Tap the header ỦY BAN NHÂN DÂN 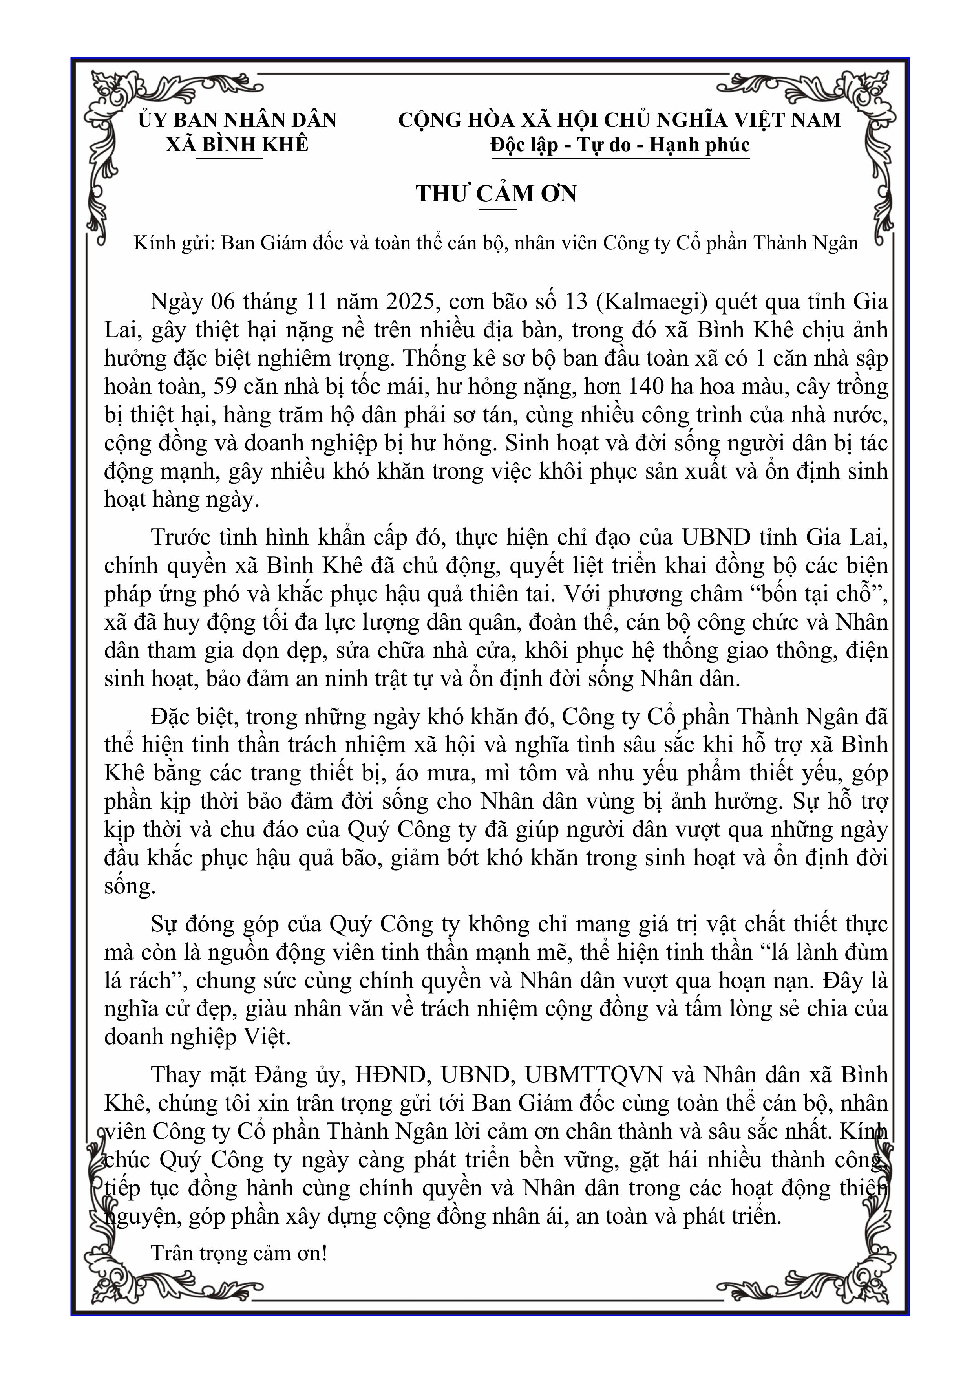click(x=237, y=120)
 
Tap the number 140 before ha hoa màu click(x=645, y=386)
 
